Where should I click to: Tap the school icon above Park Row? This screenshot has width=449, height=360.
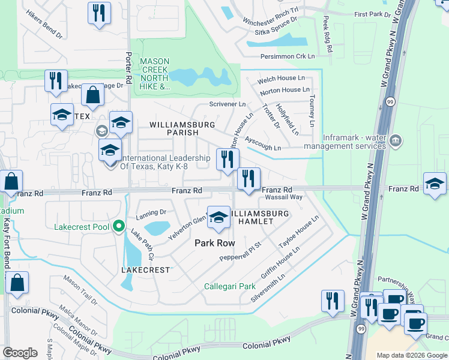click(x=218, y=217)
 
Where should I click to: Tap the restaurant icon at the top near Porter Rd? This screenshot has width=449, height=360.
click(x=99, y=13)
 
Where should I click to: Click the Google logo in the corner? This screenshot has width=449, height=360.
click(x=20, y=353)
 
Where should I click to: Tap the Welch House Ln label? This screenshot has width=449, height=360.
click(x=281, y=79)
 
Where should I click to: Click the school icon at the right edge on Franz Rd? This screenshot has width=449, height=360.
click(x=435, y=184)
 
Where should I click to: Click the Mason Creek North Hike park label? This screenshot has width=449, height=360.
click(x=155, y=74)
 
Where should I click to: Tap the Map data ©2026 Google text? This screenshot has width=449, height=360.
click(x=412, y=355)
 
